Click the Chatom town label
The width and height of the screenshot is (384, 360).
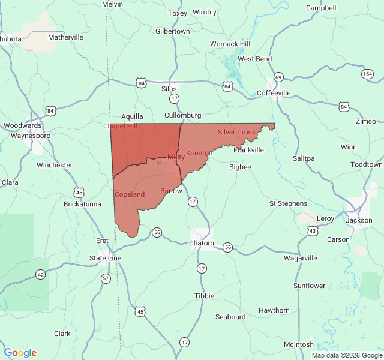(x=201, y=243)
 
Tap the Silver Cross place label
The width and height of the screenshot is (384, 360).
(x=236, y=132)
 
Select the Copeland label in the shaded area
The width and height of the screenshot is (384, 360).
(x=130, y=194)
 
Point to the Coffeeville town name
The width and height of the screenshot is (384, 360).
(x=274, y=93)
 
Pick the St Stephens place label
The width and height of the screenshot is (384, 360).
(x=288, y=203)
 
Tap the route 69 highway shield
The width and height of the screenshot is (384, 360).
(x=278, y=77)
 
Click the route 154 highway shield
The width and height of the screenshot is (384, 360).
(x=367, y=73)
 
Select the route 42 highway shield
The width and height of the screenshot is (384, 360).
(x=40, y=274)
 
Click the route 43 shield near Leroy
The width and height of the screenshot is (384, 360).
(x=313, y=230)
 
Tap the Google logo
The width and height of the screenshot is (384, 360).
(x=20, y=353)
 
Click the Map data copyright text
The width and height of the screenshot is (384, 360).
(x=346, y=355)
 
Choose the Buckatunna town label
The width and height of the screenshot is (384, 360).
(x=82, y=204)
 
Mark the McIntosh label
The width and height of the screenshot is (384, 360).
(x=298, y=344)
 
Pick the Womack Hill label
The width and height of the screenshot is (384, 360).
(x=230, y=44)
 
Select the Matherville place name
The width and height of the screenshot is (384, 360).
(x=65, y=37)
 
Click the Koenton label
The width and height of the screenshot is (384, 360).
(x=199, y=153)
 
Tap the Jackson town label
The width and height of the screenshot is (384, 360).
(x=359, y=220)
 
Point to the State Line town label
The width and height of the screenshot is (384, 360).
(x=105, y=258)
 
